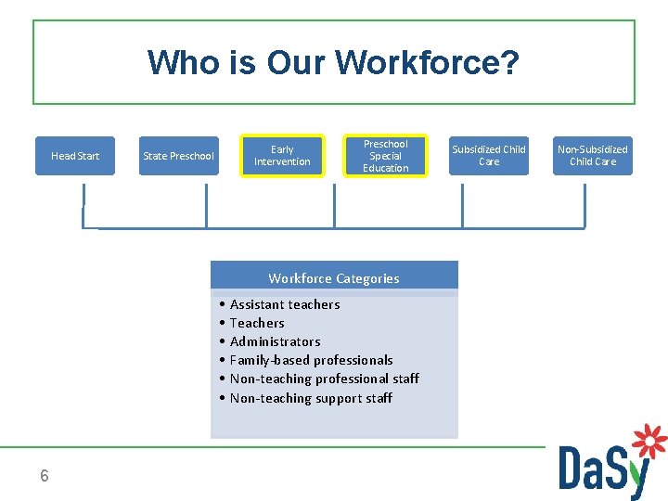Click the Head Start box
[75, 156]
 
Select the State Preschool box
[178, 156]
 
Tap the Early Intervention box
[282, 156]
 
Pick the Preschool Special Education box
[385, 156]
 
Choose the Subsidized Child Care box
[488, 156]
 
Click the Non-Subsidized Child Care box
[592, 156]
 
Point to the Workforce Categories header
[334, 278]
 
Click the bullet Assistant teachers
[284, 304]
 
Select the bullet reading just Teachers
[257, 323]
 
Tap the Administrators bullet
[275, 341]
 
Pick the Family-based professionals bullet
[311, 360]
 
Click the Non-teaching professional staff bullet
[324, 379]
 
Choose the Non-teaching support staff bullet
[311, 398]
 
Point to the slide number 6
[45, 476]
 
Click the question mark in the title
[509, 63]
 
